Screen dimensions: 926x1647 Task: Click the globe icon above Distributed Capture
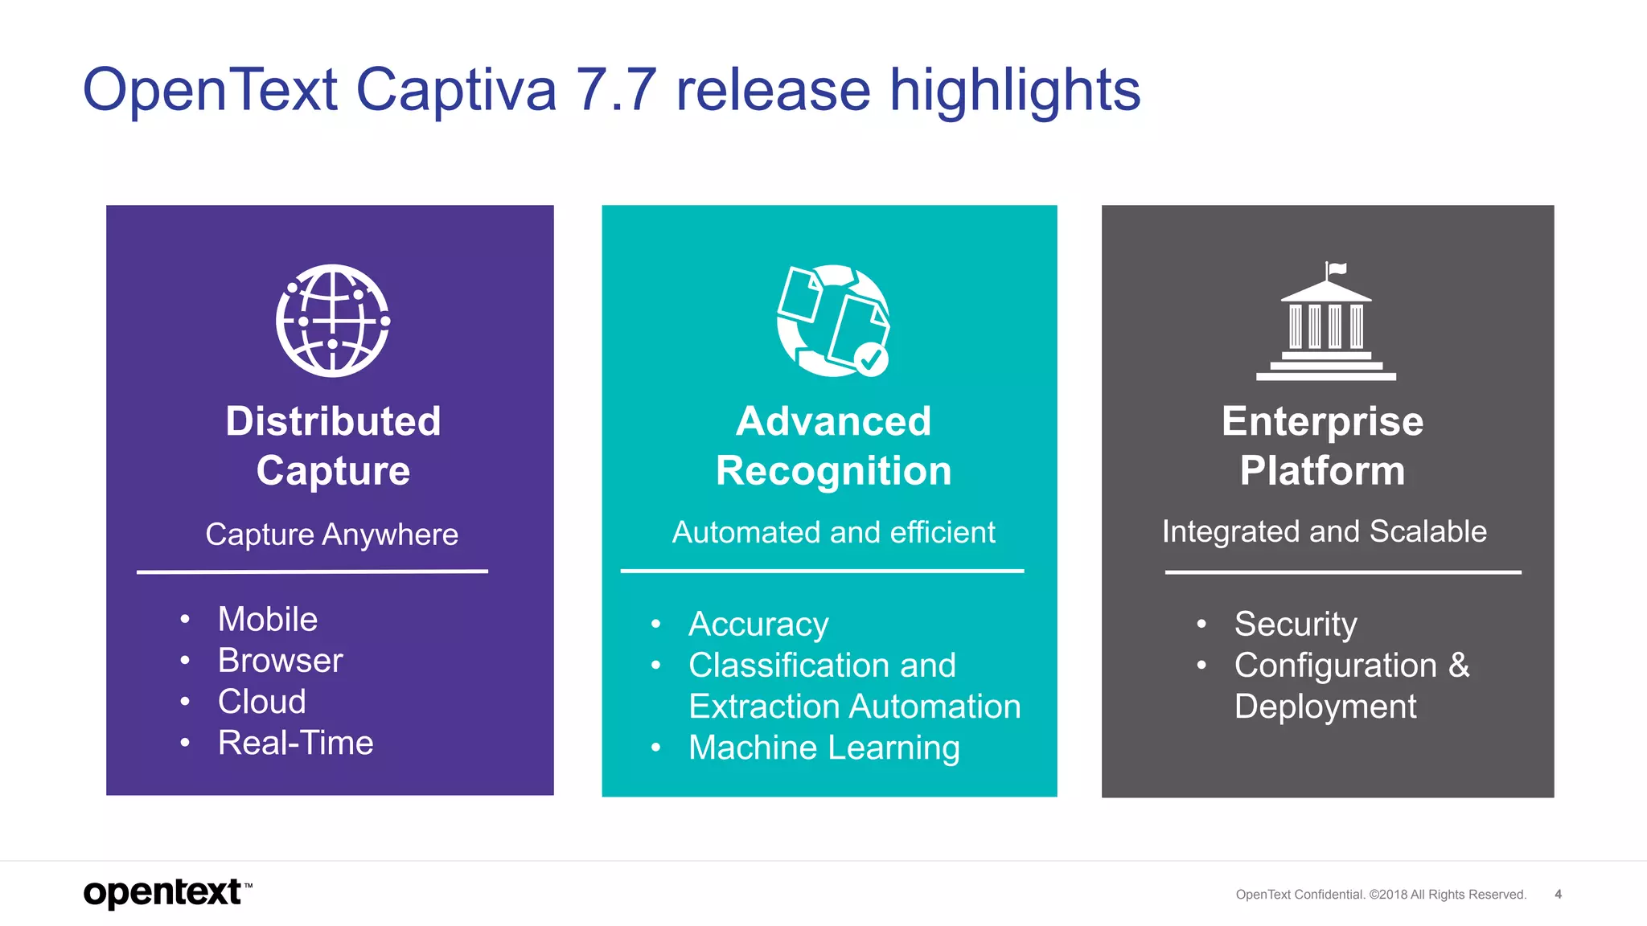coord(333,321)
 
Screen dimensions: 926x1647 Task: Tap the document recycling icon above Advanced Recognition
coord(833,321)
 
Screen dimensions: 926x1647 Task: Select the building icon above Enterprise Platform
coord(1326,326)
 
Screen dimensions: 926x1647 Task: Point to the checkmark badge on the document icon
coord(870,359)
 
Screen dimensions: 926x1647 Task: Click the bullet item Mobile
coord(268,620)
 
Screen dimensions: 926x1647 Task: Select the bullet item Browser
coord(280,661)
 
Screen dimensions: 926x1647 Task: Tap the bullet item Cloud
coord(262,702)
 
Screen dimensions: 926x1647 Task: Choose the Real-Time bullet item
coord(295,743)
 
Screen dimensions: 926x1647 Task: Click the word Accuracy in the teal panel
coord(758,625)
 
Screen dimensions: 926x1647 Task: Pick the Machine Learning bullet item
coord(823,748)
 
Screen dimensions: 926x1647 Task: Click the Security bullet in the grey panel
coord(1296,625)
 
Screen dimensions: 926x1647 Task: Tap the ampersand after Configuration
coord(1459,666)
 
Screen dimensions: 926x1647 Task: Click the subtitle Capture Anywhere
coord(331,535)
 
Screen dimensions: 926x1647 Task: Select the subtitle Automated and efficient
coord(833,532)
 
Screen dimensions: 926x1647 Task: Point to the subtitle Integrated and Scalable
coord(1324,531)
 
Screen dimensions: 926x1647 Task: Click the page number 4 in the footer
coord(1558,894)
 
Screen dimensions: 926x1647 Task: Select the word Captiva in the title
coord(456,89)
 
